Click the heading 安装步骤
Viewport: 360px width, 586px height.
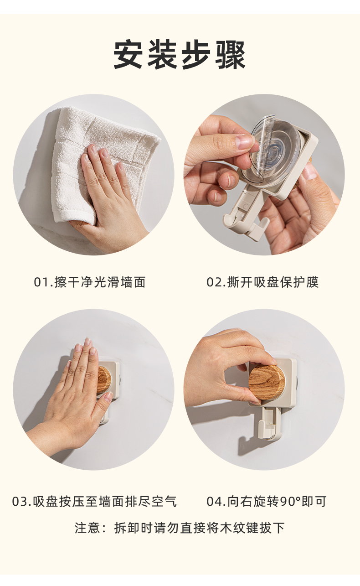tap(180, 55)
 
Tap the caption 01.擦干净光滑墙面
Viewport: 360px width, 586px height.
tap(90, 282)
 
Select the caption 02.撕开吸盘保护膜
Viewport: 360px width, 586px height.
tap(262, 282)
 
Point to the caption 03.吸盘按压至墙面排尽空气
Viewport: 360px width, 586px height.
tap(94, 502)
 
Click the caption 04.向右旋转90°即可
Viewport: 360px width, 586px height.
tap(267, 502)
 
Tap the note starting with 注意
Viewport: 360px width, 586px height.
tap(180, 528)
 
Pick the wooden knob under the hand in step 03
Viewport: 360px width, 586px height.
tap(104, 379)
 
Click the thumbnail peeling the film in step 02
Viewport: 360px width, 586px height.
tap(244, 142)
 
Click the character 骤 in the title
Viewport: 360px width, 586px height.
tap(230, 55)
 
